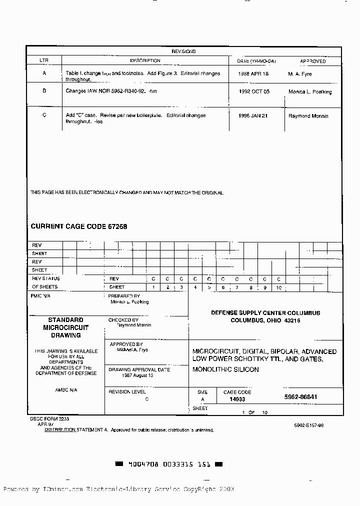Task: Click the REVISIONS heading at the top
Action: (183, 51)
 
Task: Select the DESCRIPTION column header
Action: (145, 60)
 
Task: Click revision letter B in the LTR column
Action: (44, 91)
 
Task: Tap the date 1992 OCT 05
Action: (254, 92)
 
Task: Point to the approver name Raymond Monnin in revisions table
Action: (308, 116)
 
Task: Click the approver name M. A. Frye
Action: (299, 74)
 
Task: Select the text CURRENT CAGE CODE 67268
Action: (79, 226)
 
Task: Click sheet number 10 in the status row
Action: (278, 287)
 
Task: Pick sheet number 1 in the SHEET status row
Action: (153, 287)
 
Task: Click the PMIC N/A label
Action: (41, 295)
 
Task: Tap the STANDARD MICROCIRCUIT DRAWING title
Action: (65, 327)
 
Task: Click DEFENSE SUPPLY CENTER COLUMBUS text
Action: (265, 313)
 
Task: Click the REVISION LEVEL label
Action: (127, 392)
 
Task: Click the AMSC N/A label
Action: (66, 389)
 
